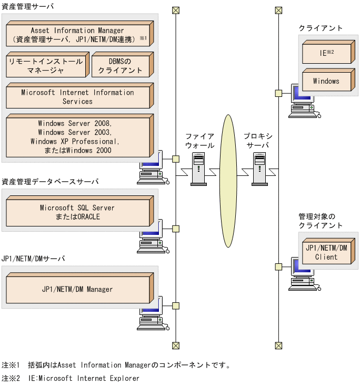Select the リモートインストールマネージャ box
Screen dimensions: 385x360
click(x=46, y=66)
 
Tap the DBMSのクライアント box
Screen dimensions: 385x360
click(x=120, y=66)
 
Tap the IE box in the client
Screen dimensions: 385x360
click(x=326, y=53)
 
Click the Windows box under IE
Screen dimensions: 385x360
click(x=326, y=82)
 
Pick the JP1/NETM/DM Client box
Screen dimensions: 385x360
click(x=326, y=253)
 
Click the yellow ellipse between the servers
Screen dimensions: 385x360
click(x=227, y=181)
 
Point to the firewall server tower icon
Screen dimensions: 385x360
click(x=198, y=169)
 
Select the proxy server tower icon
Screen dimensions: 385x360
click(x=260, y=169)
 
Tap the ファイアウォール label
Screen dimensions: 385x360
click(x=199, y=141)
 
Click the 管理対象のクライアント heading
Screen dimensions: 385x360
click(x=321, y=221)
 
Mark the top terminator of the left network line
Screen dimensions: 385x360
click(x=176, y=10)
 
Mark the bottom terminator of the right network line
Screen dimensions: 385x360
click(x=278, y=345)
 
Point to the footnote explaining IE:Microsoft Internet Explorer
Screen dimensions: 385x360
click(x=71, y=378)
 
